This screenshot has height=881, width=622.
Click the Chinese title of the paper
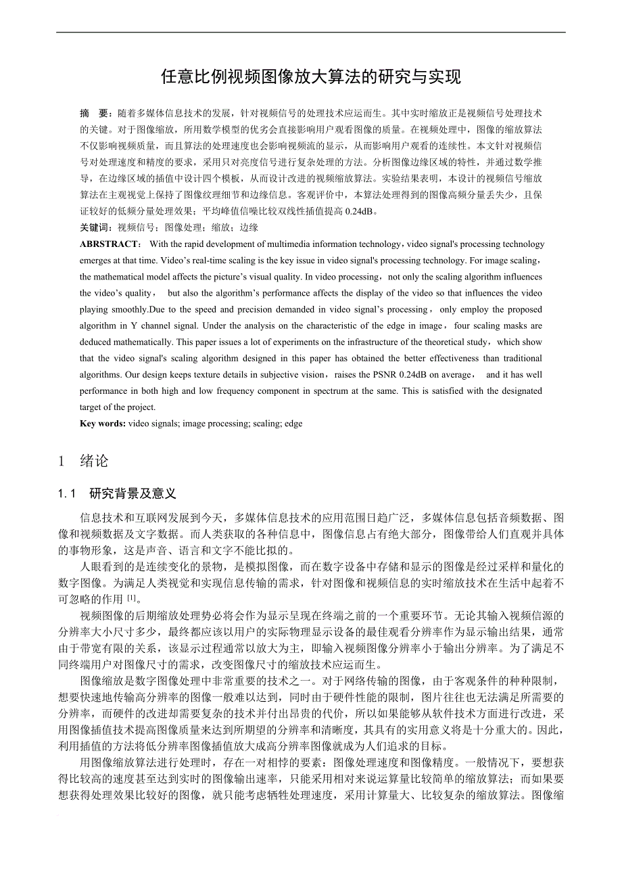coord(311,76)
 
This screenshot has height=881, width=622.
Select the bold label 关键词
coord(96,228)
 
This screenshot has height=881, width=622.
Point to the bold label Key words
coord(102,424)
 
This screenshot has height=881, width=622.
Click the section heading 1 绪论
coord(83,461)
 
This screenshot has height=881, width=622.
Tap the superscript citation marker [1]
coord(133,597)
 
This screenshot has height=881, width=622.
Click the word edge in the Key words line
coord(293,424)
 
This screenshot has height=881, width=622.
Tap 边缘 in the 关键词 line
coord(249,228)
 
